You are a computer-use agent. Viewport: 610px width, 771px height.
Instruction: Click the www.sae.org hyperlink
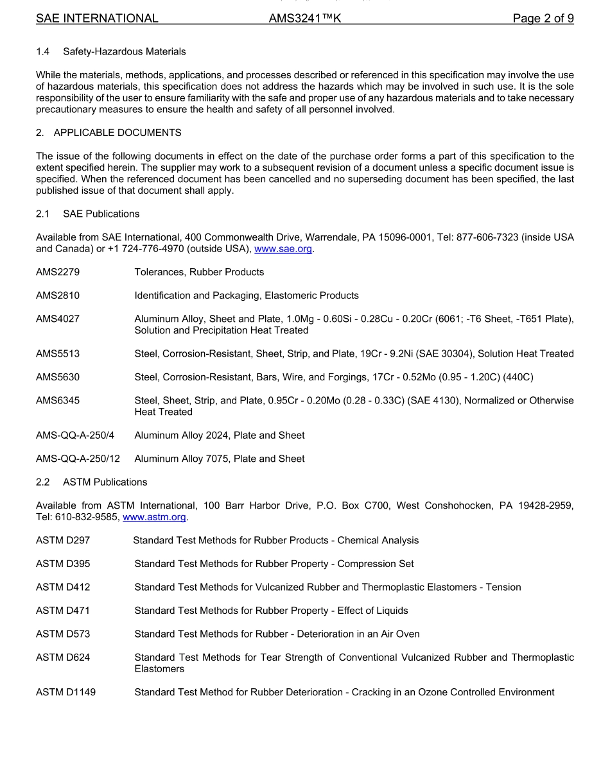tap(283, 249)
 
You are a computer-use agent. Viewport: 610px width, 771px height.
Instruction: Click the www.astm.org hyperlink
tap(154, 517)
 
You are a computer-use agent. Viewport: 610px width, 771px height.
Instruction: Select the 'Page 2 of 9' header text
tap(543, 19)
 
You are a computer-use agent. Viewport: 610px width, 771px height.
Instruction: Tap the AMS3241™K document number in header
tap(304, 19)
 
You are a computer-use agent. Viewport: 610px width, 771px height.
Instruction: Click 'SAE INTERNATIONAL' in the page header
tap(97, 19)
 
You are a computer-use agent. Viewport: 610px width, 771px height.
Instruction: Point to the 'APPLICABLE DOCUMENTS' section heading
tap(118, 133)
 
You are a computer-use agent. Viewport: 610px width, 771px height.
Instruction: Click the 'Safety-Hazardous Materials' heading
tap(124, 51)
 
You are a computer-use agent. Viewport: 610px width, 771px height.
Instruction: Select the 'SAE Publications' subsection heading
tap(101, 214)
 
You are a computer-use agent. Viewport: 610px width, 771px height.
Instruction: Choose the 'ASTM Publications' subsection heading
tap(105, 482)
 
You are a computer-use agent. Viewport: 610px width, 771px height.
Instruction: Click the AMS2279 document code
tap(58, 272)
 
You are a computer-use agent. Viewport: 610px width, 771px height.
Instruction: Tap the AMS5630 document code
tap(58, 377)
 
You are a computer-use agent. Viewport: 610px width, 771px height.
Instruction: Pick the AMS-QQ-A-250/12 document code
tap(78, 459)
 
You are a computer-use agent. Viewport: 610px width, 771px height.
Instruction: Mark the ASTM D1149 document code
tap(65, 692)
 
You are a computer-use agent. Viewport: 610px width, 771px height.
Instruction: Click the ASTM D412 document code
tap(63, 587)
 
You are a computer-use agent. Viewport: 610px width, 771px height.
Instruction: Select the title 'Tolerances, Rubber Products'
tap(199, 272)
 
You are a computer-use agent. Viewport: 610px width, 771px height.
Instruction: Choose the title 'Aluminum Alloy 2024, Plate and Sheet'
tap(220, 436)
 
